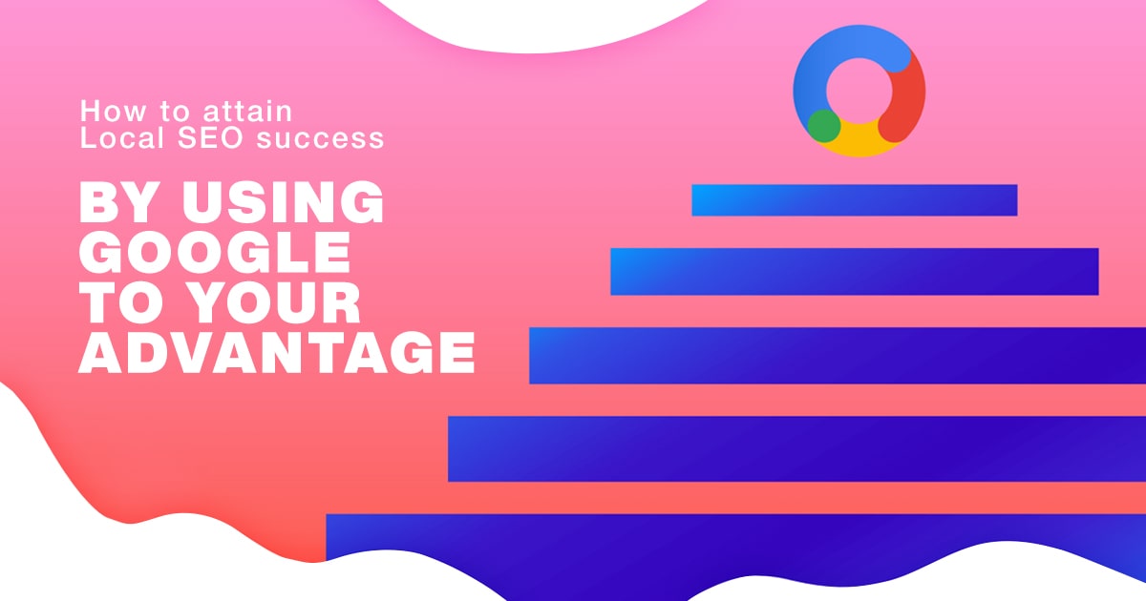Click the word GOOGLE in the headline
pyautogui.click(x=214, y=253)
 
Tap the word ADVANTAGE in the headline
pyautogui.click(x=276, y=352)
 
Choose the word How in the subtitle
pyautogui.click(x=103, y=111)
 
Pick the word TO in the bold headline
pyautogui.click(x=116, y=302)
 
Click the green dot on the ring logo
pyautogui.click(x=823, y=125)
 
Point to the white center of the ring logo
pyautogui.click(x=859, y=91)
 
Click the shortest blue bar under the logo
pyautogui.click(x=854, y=200)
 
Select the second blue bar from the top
pyautogui.click(x=854, y=271)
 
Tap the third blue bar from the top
pyautogui.click(x=838, y=355)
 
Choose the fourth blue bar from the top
pyautogui.click(x=796, y=448)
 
